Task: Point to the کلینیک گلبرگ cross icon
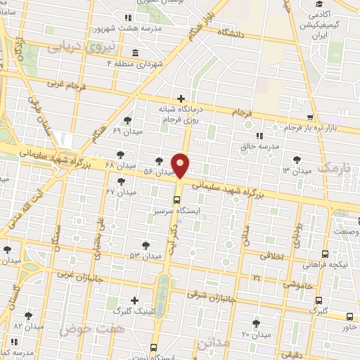(134, 301)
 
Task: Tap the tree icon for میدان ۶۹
(127, 121)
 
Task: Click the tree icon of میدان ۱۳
(299, 160)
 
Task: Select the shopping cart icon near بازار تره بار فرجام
(310, 117)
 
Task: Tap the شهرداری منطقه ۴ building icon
(134, 53)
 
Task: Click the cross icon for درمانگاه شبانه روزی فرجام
(181, 98)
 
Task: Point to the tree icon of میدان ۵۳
(145, 245)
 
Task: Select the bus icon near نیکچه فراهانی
(324, 255)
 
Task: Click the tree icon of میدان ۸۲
(29, 316)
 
